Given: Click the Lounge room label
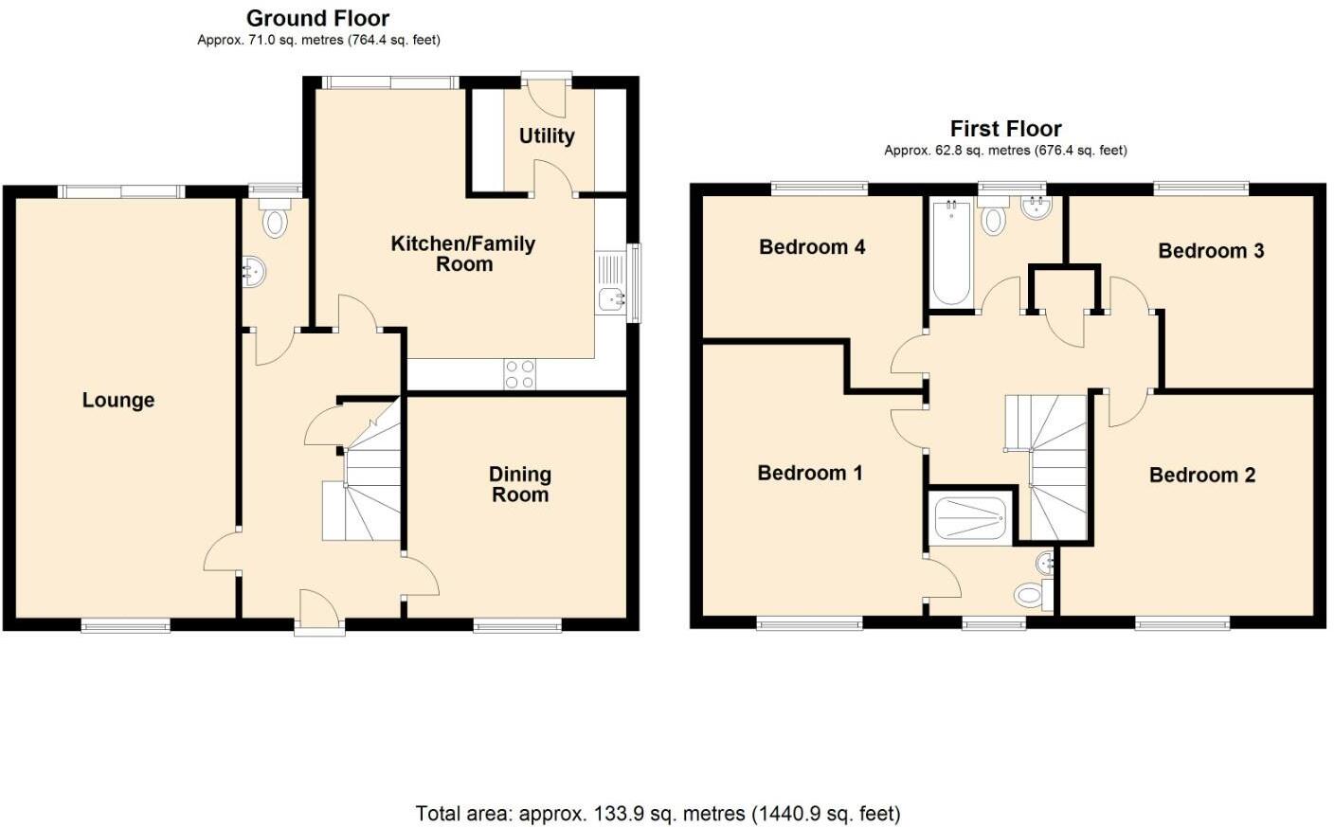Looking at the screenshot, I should (x=117, y=400).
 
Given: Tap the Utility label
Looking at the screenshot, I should (x=546, y=135).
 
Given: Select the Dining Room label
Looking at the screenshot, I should (x=519, y=483).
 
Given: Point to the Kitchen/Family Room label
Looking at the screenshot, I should (x=463, y=254).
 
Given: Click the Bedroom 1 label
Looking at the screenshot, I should (x=809, y=473).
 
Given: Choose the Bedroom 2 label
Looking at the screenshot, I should (x=1201, y=475).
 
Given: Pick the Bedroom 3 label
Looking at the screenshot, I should (x=1211, y=250).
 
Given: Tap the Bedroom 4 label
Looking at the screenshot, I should (x=812, y=246).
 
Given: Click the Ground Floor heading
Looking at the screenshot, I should (x=317, y=18).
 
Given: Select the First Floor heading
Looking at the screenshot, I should (x=1005, y=128).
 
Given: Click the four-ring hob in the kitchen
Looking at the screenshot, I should (x=519, y=374).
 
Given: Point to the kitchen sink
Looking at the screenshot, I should (x=611, y=298).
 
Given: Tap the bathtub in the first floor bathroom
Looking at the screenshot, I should (x=949, y=253).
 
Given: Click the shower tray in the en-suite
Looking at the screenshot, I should (x=970, y=518).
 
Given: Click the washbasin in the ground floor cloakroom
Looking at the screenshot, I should (x=254, y=272).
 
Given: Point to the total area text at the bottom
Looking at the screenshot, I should (x=658, y=813).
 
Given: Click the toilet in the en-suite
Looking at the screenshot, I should (x=1030, y=596).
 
